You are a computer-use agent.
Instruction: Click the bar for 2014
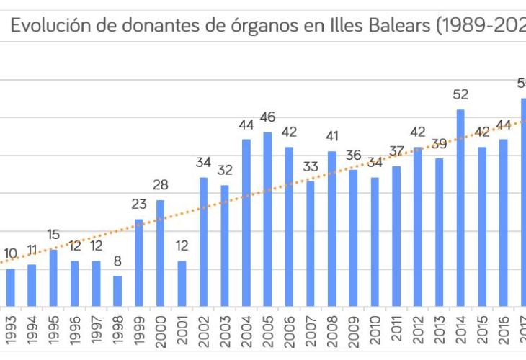(460, 208)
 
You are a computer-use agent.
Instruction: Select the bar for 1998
(117, 291)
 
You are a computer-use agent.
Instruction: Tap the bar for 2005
(267, 219)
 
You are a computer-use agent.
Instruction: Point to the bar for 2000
(160, 253)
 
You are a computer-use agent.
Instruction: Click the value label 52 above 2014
(460, 94)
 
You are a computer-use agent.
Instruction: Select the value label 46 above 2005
(267, 117)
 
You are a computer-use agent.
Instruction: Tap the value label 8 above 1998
(117, 261)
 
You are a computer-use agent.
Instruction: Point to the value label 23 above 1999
(139, 204)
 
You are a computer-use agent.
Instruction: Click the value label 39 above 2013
(439, 144)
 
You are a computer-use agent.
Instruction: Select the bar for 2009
(353, 238)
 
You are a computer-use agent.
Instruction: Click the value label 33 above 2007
(311, 167)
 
